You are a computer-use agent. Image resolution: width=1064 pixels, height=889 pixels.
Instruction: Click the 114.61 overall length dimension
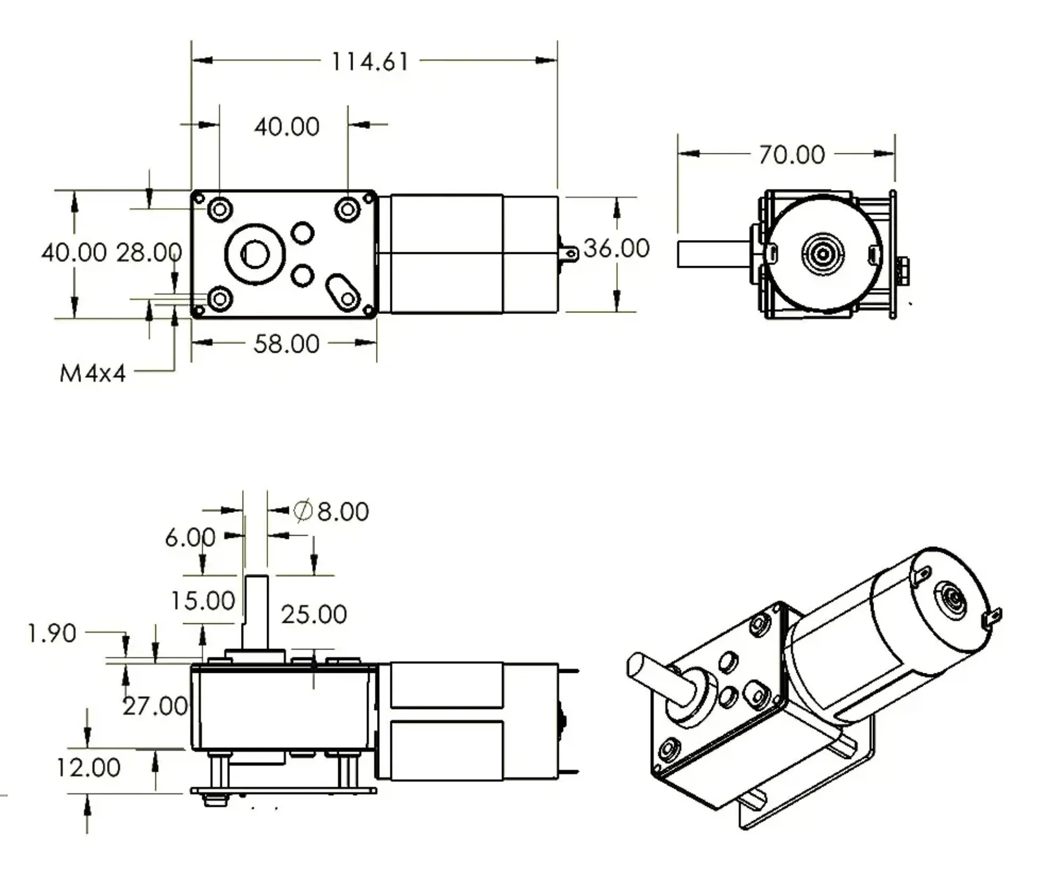pyautogui.click(x=369, y=62)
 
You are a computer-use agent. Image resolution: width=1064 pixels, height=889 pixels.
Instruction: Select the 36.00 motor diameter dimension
pyautogui.click(x=616, y=248)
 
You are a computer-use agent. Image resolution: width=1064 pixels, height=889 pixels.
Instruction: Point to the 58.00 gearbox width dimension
pyautogui.click(x=286, y=344)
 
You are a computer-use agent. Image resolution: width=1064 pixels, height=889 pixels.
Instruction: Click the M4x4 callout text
pyautogui.click(x=92, y=373)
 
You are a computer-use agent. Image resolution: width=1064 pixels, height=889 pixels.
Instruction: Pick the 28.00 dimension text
pyautogui.click(x=149, y=252)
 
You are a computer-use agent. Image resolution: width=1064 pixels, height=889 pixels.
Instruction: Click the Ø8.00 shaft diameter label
pyautogui.click(x=332, y=511)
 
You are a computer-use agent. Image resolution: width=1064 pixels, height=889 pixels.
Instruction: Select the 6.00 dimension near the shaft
pyautogui.click(x=190, y=537)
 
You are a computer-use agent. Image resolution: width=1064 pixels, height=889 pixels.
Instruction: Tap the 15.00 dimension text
pyautogui.click(x=203, y=601)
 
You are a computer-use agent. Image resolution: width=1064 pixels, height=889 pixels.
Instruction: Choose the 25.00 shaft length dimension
pyautogui.click(x=314, y=615)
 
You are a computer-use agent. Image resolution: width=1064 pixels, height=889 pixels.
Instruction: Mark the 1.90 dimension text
pyautogui.click(x=52, y=633)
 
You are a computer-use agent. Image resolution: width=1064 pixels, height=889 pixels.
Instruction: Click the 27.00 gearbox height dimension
pyautogui.click(x=155, y=706)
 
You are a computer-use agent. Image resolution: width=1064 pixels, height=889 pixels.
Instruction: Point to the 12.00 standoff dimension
pyautogui.click(x=88, y=768)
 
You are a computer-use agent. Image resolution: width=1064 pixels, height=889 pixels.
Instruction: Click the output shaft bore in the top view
pyautogui.click(x=255, y=254)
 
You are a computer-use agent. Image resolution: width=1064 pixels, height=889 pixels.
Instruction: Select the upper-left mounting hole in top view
pyautogui.click(x=219, y=209)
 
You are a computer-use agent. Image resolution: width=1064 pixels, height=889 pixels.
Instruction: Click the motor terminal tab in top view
pyautogui.click(x=569, y=254)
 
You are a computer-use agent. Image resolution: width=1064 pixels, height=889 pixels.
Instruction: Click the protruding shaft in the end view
pyautogui.click(x=712, y=254)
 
